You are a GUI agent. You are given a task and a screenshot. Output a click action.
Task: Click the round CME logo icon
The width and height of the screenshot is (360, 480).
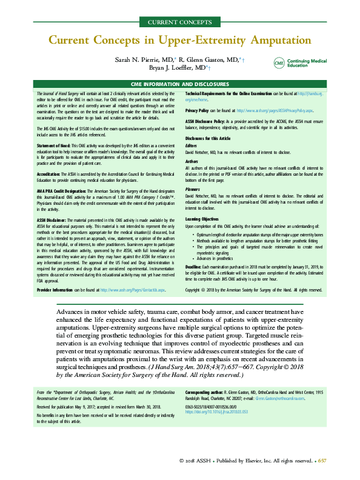tap(279, 64)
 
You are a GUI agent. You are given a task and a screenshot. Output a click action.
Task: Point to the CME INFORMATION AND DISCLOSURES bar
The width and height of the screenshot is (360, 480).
tap(180, 84)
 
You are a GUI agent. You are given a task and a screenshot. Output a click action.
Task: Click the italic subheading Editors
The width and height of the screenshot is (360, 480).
tap(192, 145)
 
